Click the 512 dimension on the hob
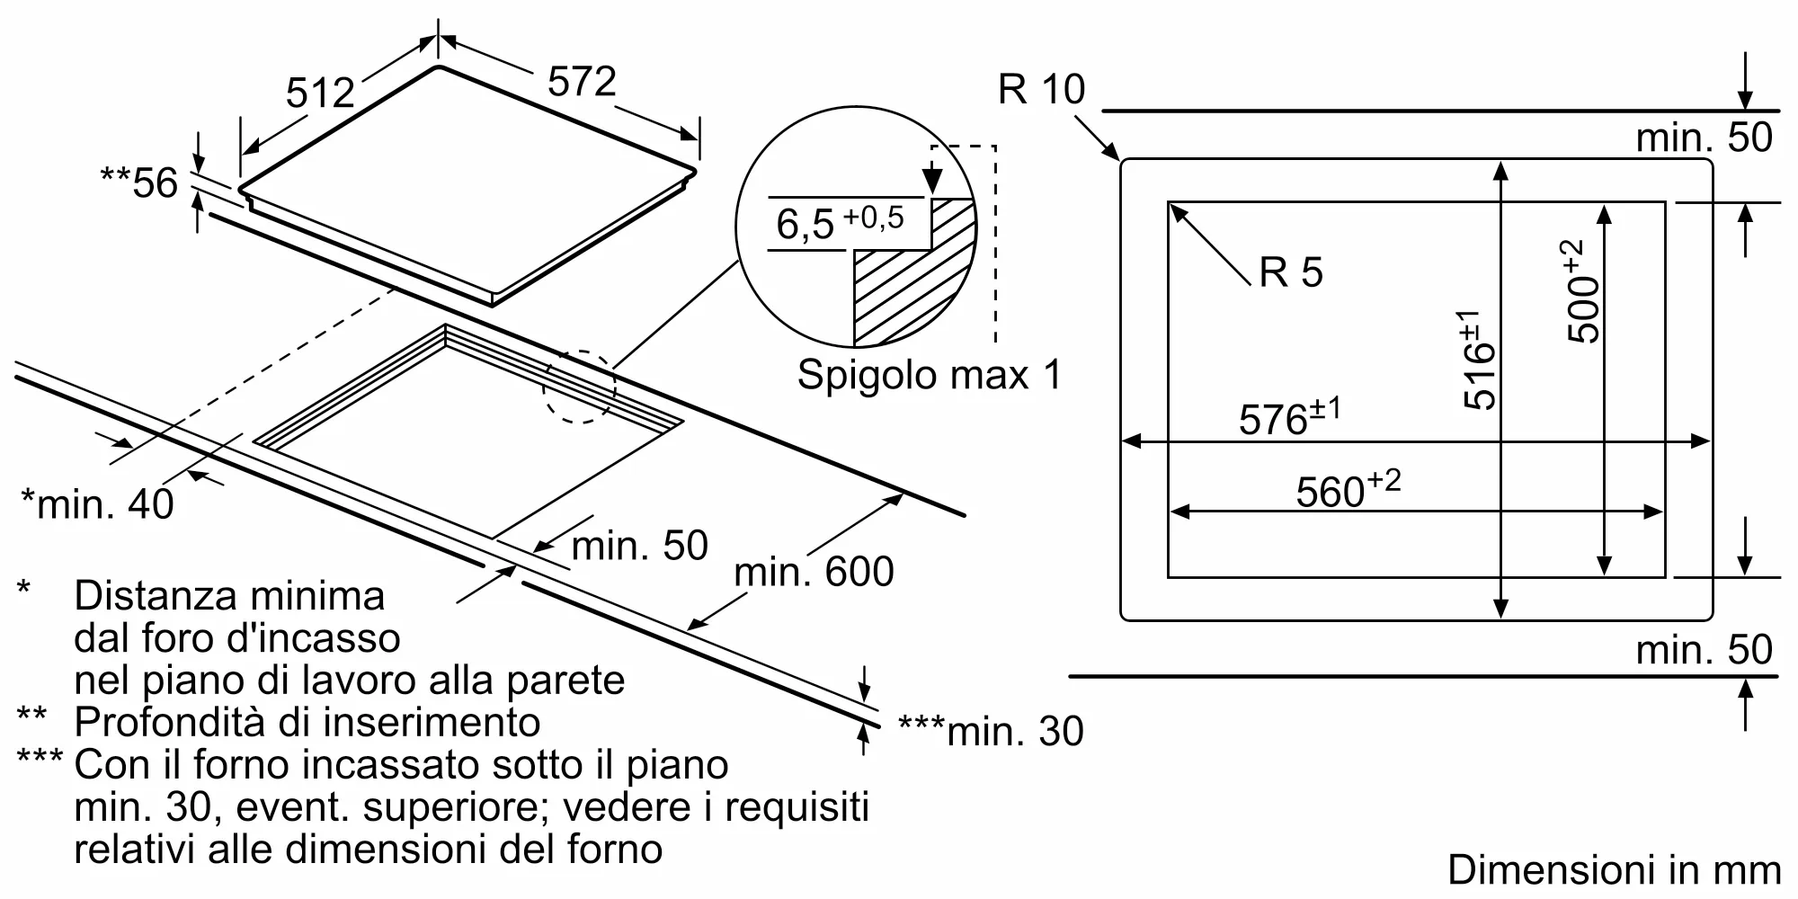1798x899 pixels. (x=320, y=92)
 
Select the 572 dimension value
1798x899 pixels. (x=582, y=81)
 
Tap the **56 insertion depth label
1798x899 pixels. (x=139, y=183)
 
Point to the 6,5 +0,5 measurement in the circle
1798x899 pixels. (x=839, y=221)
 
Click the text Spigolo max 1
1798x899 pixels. (x=929, y=374)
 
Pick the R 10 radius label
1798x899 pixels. (x=1041, y=89)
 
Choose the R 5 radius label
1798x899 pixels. (x=1291, y=271)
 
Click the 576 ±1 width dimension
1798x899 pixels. (x=1289, y=418)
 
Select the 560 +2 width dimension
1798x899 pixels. (x=1348, y=490)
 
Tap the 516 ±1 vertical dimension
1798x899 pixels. (x=1477, y=360)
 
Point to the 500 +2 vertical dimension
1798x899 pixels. (x=1583, y=291)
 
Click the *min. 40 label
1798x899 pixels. (x=97, y=503)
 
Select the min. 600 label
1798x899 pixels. (x=814, y=572)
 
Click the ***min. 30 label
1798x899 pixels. (x=991, y=731)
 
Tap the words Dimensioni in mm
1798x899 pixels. (x=1614, y=869)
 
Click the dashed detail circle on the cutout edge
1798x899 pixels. (x=579, y=387)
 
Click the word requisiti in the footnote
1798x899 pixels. (x=797, y=806)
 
